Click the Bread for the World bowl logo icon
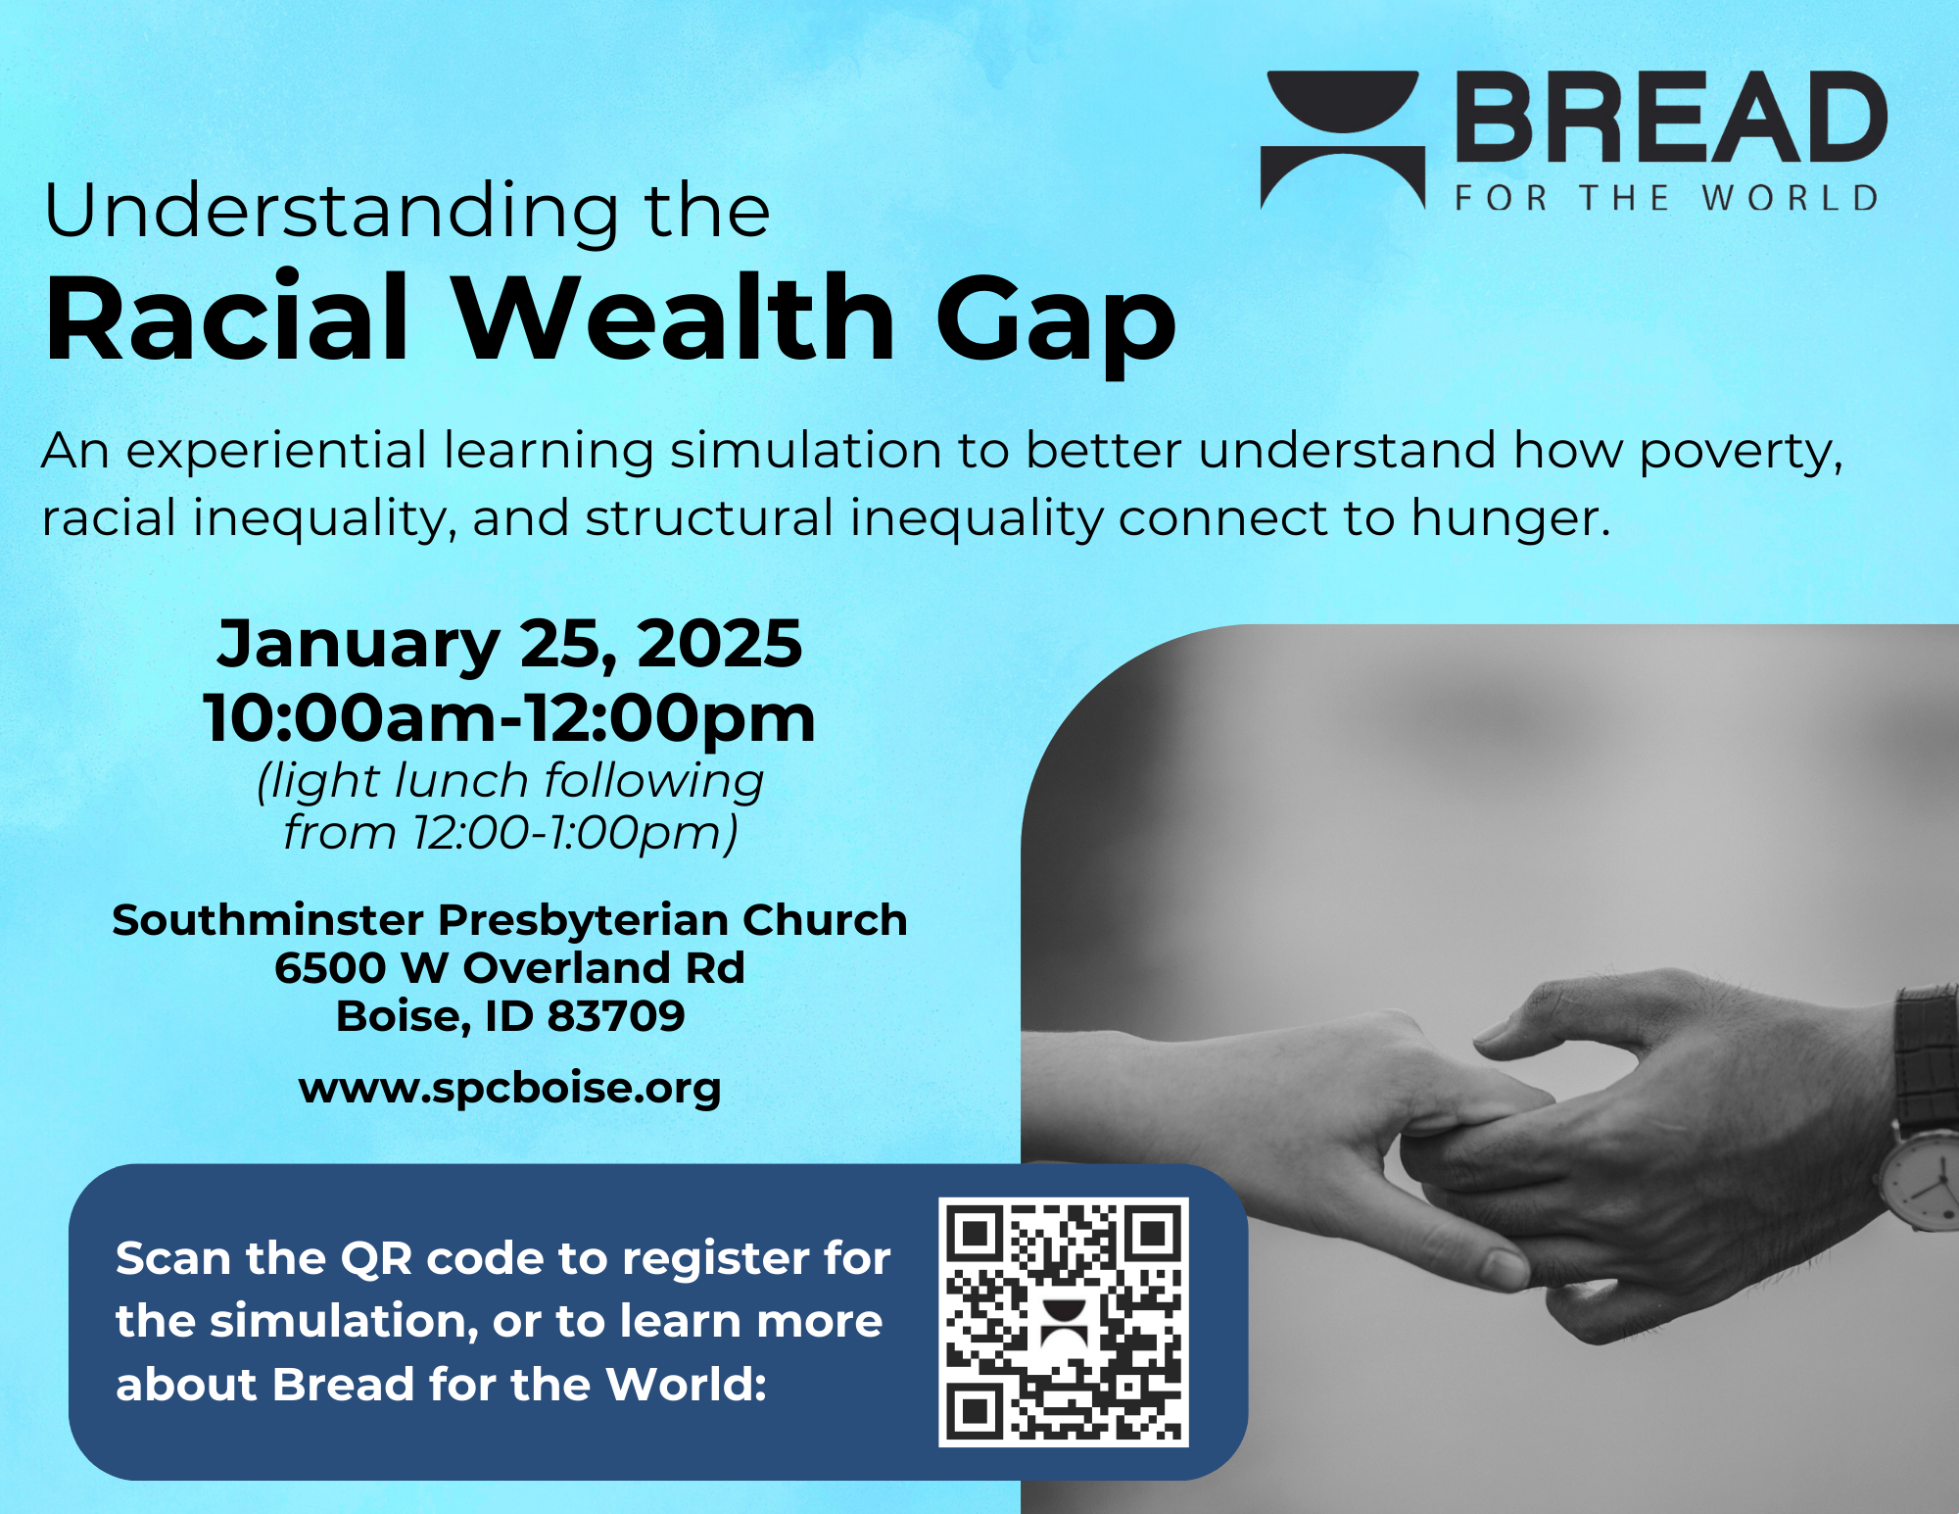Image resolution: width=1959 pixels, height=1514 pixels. click(x=1342, y=139)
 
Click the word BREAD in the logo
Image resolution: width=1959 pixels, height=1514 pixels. click(x=1672, y=117)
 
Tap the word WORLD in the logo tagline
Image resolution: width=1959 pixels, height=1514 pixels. click(x=1790, y=198)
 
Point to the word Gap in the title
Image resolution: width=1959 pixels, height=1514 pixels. click(x=1056, y=323)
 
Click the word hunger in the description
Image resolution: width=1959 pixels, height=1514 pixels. click(x=1510, y=519)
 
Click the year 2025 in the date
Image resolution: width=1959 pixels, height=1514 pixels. click(x=720, y=644)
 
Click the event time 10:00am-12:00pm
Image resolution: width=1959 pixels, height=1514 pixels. click(x=509, y=719)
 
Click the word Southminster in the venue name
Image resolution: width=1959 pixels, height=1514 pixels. click(x=267, y=920)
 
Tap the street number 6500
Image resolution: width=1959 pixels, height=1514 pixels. click(x=330, y=968)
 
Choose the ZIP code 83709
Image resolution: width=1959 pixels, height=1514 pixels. click(x=616, y=1016)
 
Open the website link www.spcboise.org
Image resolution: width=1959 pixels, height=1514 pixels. click(x=510, y=1089)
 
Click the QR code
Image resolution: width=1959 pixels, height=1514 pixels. click(x=1064, y=1322)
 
